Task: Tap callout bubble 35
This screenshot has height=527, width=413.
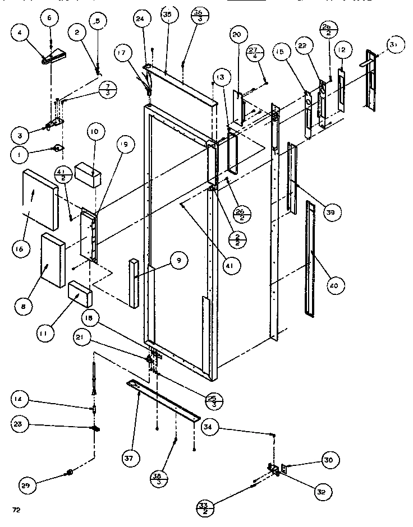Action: (167, 15)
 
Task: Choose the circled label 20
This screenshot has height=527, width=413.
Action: (236, 35)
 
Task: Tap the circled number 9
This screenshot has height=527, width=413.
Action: (178, 260)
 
